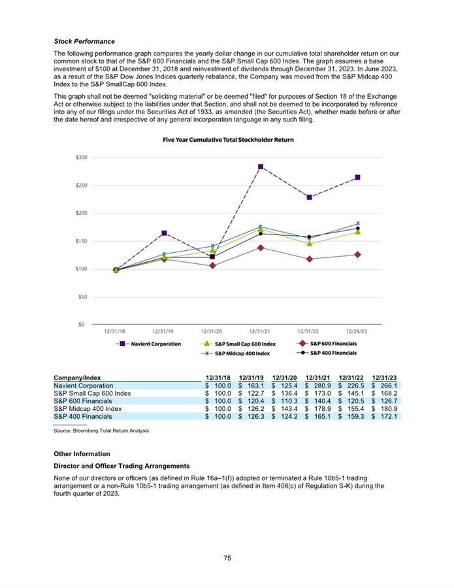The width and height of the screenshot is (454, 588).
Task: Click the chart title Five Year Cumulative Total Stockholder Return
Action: pyautogui.click(x=227, y=140)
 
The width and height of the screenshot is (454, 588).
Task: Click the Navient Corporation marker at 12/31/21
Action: pyautogui.click(x=261, y=167)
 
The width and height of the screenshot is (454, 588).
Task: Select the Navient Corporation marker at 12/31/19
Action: pyautogui.click(x=164, y=233)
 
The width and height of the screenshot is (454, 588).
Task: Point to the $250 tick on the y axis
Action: pyautogui.click(x=80, y=186)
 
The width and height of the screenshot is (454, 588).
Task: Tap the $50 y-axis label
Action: pyautogui.click(x=82, y=297)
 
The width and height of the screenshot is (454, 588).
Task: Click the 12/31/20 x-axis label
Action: pyautogui.click(x=212, y=331)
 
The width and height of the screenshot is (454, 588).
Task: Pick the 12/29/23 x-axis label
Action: pyautogui.click(x=357, y=331)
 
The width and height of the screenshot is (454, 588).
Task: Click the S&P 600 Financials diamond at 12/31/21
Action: pyautogui.click(x=261, y=248)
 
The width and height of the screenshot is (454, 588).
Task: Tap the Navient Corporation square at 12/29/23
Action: pyautogui.click(x=357, y=177)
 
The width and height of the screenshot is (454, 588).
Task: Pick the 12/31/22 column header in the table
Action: pyautogui.click(x=351, y=378)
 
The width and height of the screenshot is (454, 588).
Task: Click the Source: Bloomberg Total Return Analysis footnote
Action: pyautogui.click(x=101, y=431)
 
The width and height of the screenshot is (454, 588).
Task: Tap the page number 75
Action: pyautogui.click(x=227, y=558)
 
